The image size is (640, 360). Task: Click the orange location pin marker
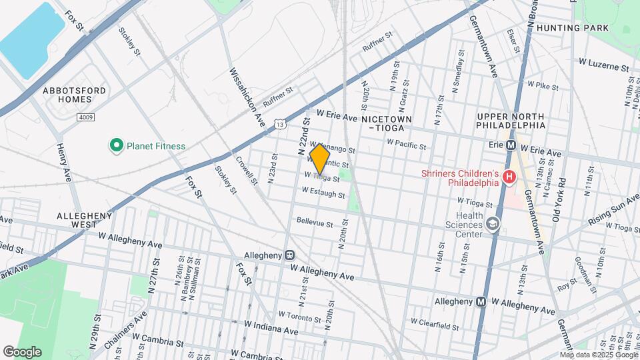point(320,159)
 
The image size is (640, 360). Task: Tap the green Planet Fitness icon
point(116,145)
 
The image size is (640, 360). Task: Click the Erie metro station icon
point(511,145)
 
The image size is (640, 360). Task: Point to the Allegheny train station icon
point(289,255)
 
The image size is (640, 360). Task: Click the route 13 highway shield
point(281,124)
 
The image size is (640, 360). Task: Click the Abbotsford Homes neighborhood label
point(67,95)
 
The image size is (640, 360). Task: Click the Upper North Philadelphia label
point(511,120)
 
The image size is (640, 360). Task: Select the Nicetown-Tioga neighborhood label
point(387,123)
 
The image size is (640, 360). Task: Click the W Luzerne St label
point(603,68)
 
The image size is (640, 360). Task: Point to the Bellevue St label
point(315,223)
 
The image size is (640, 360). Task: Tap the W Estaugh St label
point(323,193)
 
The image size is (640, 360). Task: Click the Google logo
point(22,352)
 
